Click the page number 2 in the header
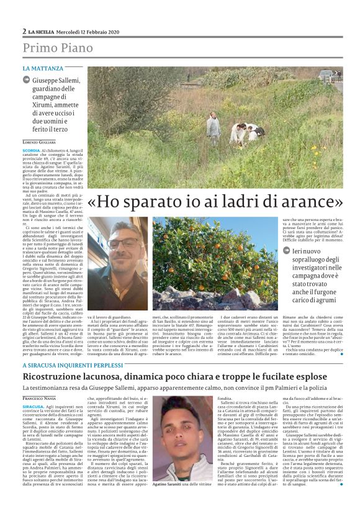click(24, 31)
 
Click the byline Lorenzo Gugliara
click(43, 142)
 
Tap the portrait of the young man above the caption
click(176, 438)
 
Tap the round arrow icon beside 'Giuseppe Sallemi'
click(26, 80)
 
